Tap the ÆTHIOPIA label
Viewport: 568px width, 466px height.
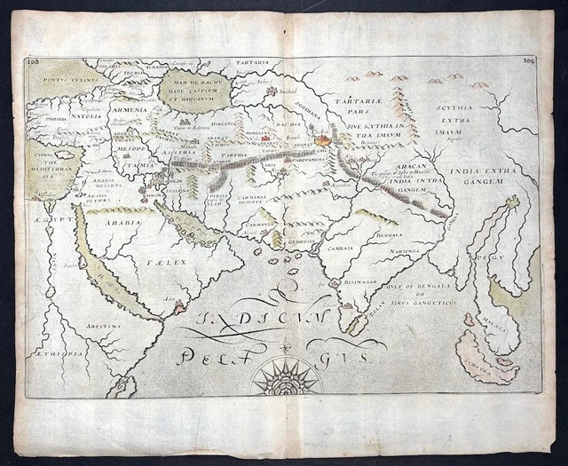click(x=59, y=353)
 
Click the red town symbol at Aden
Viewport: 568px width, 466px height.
click(x=180, y=305)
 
